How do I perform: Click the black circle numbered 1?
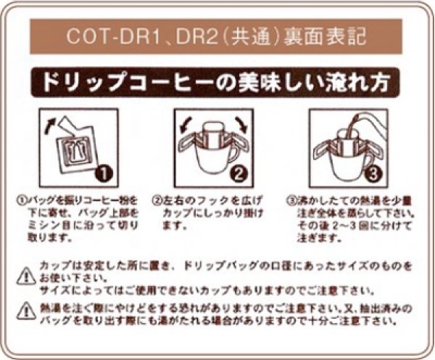tap(104, 173)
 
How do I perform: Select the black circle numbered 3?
tap(370, 173)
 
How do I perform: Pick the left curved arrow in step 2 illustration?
tap(186, 123)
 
